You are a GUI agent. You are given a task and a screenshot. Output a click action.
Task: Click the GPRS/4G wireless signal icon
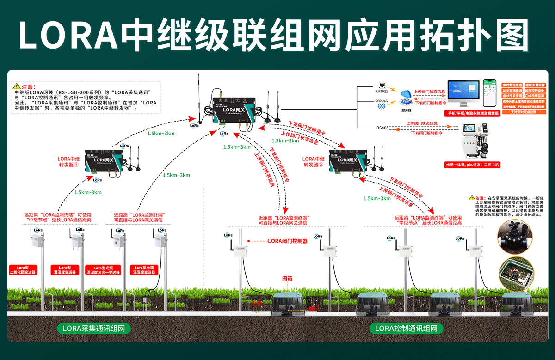pyautogui.click(x=382, y=106)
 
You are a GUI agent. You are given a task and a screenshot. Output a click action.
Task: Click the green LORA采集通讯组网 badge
pyautogui.click(x=94, y=329)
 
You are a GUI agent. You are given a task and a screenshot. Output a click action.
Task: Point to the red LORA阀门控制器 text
pyautogui.click(x=288, y=241)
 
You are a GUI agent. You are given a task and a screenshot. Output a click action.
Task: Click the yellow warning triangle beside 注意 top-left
pyautogui.click(x=17, y=86)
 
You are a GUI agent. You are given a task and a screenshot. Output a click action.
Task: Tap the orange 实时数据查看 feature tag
pyautogui.click(x=512, y=85)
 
